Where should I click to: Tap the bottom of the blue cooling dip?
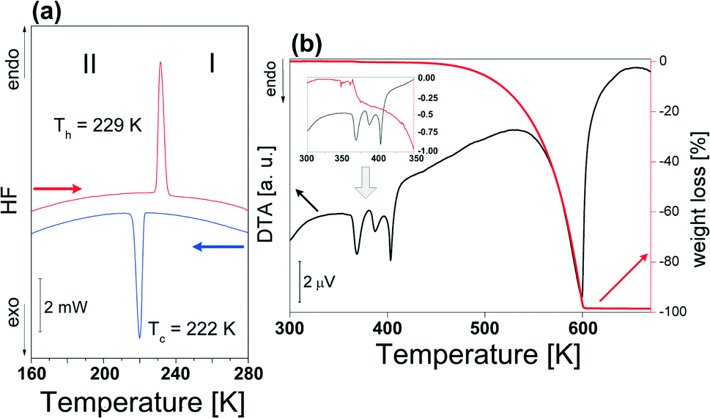click(139, 337)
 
